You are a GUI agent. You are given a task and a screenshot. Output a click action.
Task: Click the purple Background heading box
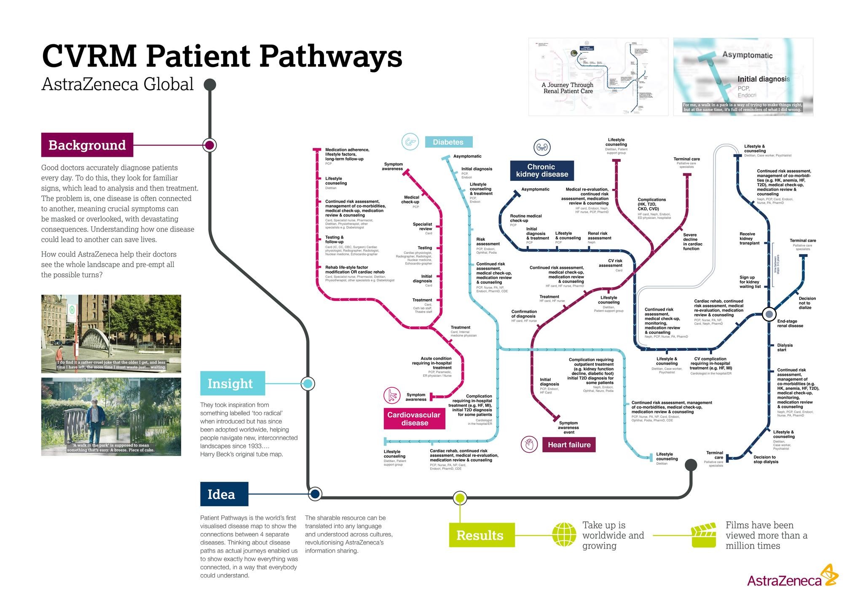coord(87,145)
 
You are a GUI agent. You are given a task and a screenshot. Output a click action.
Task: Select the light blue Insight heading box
coord(232,384)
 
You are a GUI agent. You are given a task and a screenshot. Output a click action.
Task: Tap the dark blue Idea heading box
coord(224,494)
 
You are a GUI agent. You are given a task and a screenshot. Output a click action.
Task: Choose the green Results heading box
coord(481,535)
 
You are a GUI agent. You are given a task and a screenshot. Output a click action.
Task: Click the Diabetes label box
coord(448,142)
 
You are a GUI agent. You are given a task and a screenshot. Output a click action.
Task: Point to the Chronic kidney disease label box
coord(541,171)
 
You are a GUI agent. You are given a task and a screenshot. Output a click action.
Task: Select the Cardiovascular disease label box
coord(414,419)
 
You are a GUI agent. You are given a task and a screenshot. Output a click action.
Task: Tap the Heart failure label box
coord(568,445)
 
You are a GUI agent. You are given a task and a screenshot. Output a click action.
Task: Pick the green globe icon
coord(564,535)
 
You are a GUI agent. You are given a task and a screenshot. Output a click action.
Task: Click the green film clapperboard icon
coord(704,535)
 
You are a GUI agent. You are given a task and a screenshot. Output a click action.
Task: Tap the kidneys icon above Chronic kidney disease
coord(542,148)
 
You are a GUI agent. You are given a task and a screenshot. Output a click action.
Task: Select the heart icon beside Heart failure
coord(529,444)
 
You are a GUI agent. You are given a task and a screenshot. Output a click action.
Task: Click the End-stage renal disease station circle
coord(769,314)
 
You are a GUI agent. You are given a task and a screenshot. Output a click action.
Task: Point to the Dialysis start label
coord(785,347)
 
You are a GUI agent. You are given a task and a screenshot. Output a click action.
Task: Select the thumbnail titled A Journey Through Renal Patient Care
coord(598,77)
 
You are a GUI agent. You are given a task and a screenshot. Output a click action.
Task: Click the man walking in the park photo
coord(111,416)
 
